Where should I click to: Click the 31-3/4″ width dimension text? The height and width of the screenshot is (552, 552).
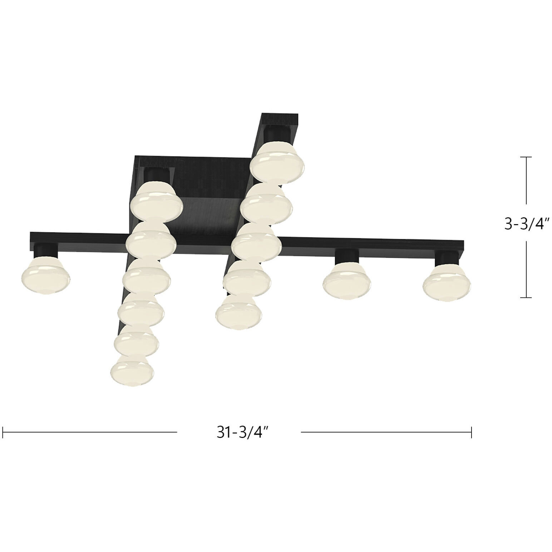(x=242, y=432)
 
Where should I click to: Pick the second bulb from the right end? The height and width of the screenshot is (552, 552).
(x=347, y=281)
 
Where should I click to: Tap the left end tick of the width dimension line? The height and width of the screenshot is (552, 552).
(x=3, y=432)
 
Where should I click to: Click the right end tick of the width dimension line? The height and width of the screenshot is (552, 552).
(x=472, y=432)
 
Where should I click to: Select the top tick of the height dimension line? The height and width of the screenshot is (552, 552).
(x=526, y=157)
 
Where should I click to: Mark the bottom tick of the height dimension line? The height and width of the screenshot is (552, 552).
(x=526, y=297)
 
